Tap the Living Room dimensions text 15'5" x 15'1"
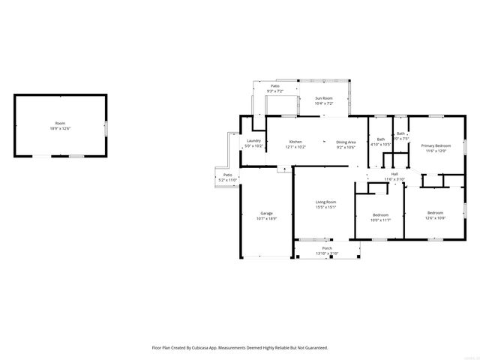tap(325, 208)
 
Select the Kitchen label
tap(295, 142)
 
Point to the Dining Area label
tap(346, 142)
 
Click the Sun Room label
tap(323, 98)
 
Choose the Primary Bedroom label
tap(435, 145)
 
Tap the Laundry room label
tap(253, 141)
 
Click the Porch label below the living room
tap(327, 248)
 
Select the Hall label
tap(394, 174)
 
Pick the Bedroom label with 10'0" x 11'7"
tap(381, 215)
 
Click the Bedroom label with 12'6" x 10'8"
tap(436, 213)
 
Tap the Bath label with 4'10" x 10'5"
tap(381, 139)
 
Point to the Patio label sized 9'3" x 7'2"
tap(275, 86)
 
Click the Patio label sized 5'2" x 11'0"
tap(227, 175)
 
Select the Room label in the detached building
tap(60, 123)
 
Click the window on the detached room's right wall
tap(105, 127)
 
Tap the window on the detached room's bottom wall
tap(76, 156)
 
